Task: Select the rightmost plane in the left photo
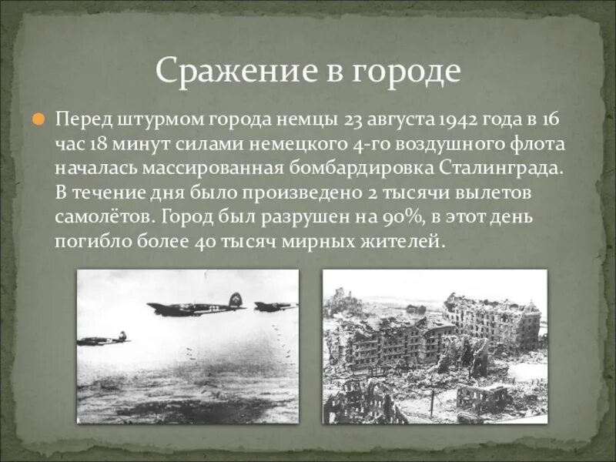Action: click(274, 306)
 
